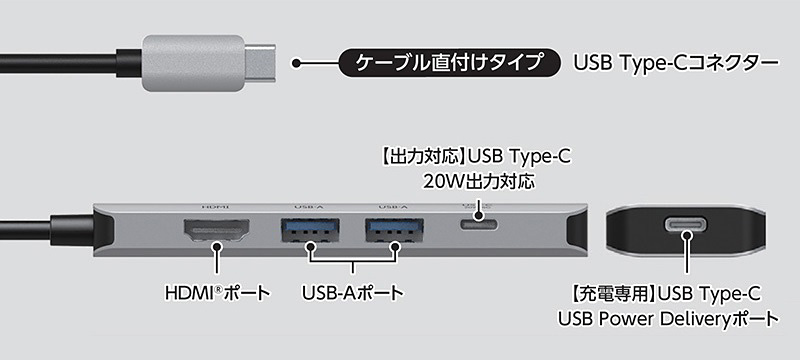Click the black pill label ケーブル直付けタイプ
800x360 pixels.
click(x=449, y=62)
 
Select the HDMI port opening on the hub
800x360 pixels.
click(x=216, y=234)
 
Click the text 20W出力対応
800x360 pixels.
click(x=479, y=182)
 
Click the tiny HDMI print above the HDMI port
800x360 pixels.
click(x=216, y=206)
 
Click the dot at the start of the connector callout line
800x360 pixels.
click(x=296, y=63)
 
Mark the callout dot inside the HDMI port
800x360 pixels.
click(x=216, y=243)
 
